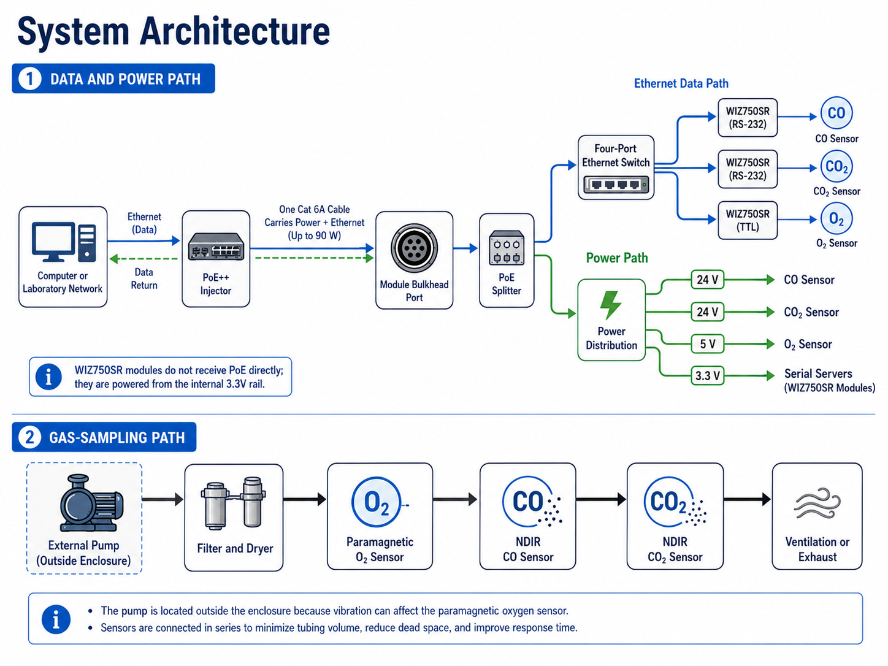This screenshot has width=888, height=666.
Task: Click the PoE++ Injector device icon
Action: (216, 246)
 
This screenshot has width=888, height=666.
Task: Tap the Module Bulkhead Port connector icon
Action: (414, 248)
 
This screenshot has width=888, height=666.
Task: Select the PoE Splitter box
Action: (507, 260)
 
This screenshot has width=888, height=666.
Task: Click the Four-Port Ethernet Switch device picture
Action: (616, 185)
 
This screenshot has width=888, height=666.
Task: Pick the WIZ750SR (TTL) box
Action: (747, 220)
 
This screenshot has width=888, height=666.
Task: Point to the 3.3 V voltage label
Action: (707, 376)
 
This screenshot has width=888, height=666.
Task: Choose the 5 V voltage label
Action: (707, 343)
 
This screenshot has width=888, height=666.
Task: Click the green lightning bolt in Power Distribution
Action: (610, 305)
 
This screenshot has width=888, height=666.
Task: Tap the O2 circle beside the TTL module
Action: (836, 219)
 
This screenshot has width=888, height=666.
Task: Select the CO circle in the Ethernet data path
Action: (836, 113)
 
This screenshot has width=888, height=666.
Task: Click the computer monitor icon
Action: (53, 242)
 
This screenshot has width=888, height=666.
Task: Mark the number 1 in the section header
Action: (29, 78)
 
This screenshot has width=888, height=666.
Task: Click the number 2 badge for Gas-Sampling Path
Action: (29, 437)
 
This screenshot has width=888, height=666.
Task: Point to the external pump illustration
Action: (91, 503)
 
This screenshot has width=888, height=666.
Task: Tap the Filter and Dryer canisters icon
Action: (234, 503)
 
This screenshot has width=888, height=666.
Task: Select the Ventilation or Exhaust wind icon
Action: (817, 503)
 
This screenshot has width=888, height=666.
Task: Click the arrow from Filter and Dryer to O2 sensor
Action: (305, 499)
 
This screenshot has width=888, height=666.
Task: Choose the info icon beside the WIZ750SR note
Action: (48, 377)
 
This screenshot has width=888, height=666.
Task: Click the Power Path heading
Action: (617, 258)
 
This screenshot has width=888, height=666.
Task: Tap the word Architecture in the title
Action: (235, 31)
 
